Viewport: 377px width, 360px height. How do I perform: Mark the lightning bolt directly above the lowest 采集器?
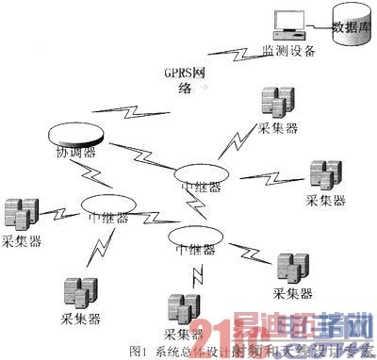point(197,273)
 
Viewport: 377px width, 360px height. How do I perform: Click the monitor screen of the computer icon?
point(284,18)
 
